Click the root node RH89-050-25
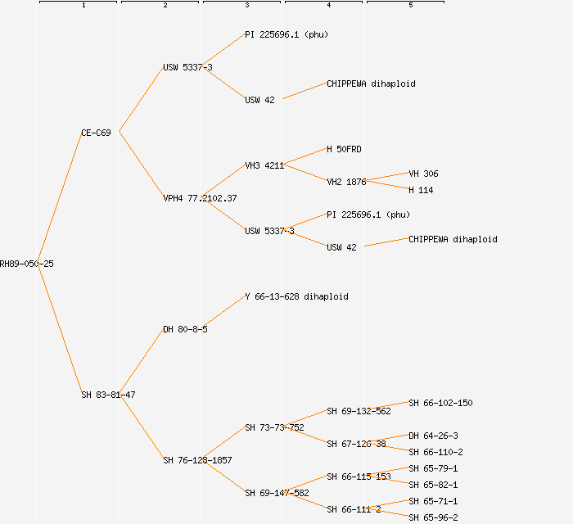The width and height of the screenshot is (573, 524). (x=27, y=264)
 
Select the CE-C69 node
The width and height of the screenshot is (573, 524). (x=96, y=133)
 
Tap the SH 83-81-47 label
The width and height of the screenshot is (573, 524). (x=108, y=395)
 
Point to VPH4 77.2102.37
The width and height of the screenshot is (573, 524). (x=200, y=198)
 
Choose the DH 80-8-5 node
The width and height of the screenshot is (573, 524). (x=185, y=329)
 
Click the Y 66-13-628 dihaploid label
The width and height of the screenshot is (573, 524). (x=296, y=296)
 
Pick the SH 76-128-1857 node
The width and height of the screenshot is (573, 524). (x=197, y=460)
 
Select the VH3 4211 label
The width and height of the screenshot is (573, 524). (x=264, y=165)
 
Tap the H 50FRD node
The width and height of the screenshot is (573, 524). (x=344, y=149)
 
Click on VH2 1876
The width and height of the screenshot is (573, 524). (x=346, y=182)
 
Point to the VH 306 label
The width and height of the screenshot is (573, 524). (x=423, y=174)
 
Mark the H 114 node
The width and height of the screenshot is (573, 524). (x=421, y=190)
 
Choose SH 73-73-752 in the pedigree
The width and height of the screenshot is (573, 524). (x=274, y=427)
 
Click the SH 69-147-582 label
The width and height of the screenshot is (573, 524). (x=277, y=493)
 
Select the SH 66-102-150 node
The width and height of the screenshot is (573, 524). (x=440, y=403)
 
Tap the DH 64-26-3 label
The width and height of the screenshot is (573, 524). (x=433, y=436)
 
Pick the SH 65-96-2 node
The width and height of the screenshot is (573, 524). (x=433, y=517)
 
